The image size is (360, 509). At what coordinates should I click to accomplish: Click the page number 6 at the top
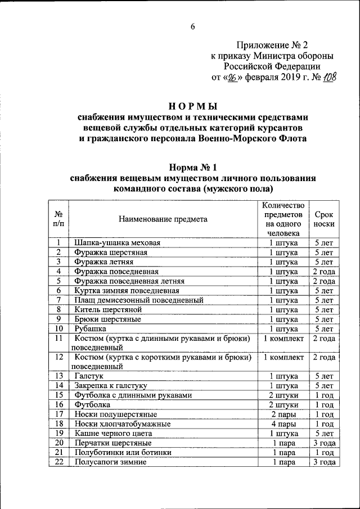pos(193,26)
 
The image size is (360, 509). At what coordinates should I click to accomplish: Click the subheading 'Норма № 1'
pos(193,167)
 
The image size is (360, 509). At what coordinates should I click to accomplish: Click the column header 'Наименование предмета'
pos(163,219)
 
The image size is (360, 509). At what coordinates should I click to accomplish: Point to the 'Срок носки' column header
pos(324,219)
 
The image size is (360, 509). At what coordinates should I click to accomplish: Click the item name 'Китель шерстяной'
pos(108,309)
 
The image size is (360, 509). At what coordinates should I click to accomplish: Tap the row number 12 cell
pos(58,357)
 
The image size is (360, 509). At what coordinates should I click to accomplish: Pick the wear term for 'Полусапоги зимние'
pos(324,462)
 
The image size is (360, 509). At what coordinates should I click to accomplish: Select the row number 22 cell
pos(58,462)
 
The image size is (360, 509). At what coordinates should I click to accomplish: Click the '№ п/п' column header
pos(58,219)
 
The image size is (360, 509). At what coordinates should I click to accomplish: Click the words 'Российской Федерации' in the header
pos(272,66)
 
